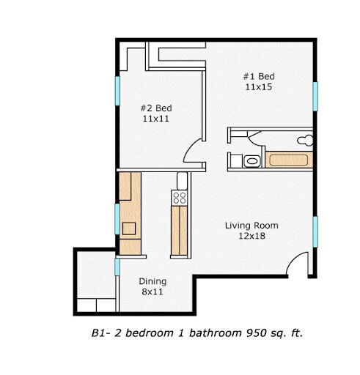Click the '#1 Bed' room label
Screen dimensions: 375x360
[259, 76]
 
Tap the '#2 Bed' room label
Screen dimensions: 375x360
[156, 107]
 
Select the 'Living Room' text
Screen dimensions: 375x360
[251, 226]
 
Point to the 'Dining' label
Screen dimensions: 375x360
[153, 281]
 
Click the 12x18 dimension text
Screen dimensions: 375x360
[251, 237]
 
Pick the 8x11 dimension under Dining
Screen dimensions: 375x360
[153, 292]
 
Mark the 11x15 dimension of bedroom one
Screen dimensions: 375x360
[259, 87]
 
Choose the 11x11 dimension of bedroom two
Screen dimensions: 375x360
[156, 118]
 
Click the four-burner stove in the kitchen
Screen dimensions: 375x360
[180, 196]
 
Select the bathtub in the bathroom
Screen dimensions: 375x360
[289, 160]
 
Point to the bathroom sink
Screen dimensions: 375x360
[251, 160]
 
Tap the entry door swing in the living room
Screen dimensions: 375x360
[299, 264]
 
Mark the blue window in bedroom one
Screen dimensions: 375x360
[316, 95]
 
